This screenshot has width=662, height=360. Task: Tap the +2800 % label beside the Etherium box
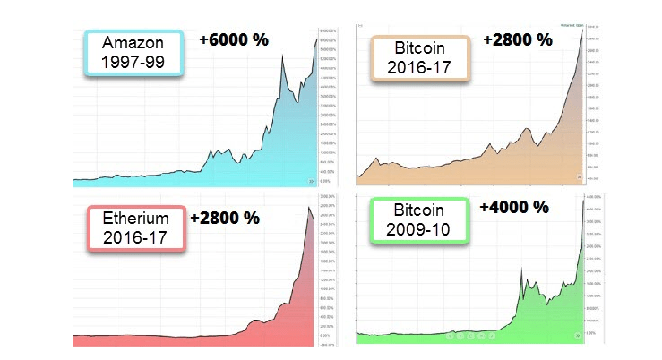226,217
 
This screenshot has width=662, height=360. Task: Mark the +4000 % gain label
514,207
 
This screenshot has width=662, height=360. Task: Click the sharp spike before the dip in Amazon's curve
282,57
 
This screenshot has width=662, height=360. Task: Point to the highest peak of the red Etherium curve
310,208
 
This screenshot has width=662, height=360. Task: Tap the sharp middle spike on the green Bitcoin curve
521,266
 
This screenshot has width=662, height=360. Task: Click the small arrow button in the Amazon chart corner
311,180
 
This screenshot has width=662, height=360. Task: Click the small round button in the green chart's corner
578,337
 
